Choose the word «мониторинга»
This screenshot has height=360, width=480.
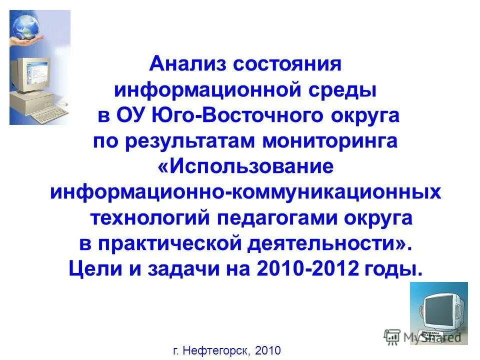pos(329,141)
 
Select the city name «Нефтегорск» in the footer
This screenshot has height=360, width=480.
pos(217,350)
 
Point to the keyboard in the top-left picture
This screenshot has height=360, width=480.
pos(50,112)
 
